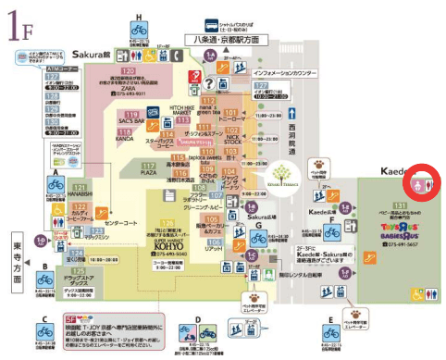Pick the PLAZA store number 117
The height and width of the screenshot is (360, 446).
148,165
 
